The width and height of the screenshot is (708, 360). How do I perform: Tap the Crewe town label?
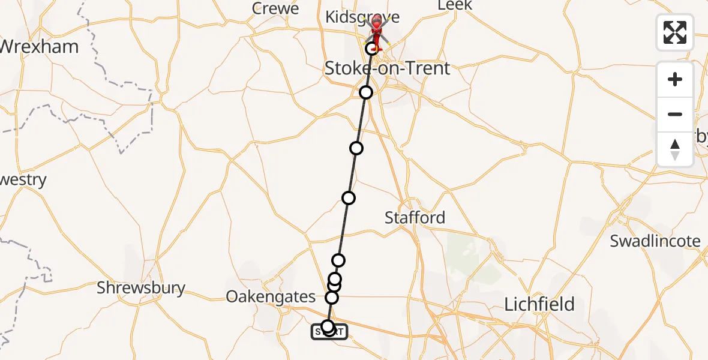click(275, 8)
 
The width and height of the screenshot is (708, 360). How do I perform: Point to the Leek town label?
click(455, 5)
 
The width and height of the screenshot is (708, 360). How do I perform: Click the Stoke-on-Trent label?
click(387, 68)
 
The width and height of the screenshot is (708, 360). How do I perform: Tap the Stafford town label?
click(415, 217)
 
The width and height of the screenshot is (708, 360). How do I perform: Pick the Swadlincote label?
click(655, 241)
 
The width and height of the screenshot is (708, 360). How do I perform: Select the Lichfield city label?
click(539, 304)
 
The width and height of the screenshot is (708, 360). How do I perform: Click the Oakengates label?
click(271, 296)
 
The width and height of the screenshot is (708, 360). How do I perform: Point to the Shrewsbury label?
click(141, 288)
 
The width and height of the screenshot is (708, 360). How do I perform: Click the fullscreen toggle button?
click(675, 32)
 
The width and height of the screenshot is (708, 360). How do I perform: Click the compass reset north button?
click(675, 149)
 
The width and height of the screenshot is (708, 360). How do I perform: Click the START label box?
click(329, 331)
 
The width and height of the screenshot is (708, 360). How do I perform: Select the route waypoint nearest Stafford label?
click(348, 198)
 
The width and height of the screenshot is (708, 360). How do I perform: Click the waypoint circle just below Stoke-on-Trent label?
click(366, 92)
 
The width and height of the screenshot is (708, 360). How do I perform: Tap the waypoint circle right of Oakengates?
click(332, 297)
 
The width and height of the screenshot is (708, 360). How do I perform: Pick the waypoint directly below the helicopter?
click(371, 49)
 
